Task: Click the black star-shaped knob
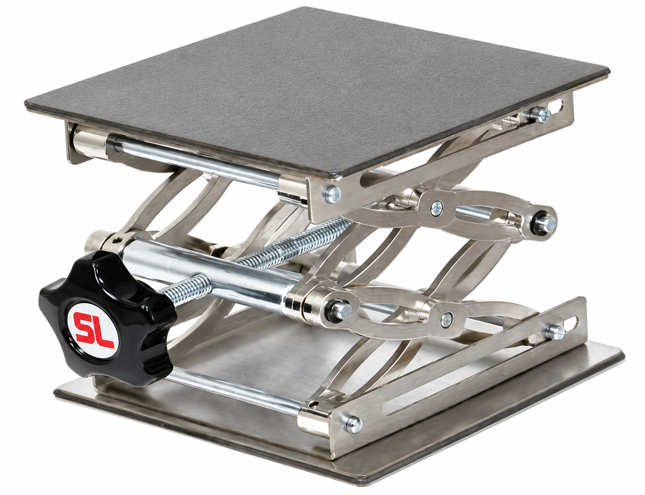107,318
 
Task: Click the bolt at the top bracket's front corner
333,194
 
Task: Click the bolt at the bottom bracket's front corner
354,425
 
